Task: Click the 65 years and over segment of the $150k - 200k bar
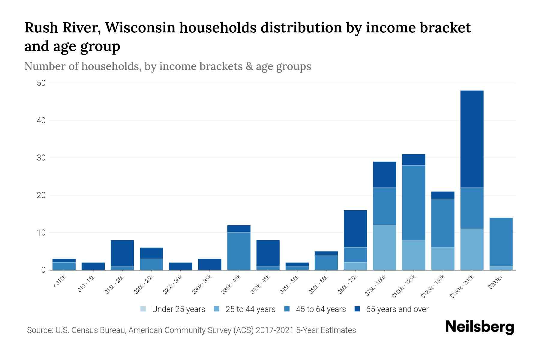[x=472, y=139]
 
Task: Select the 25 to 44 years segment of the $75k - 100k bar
[x=384, y=247]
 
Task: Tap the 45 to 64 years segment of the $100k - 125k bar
[x=413, y=202]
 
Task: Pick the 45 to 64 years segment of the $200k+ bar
[x=501, y=242]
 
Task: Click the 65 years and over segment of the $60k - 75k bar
[x=355, y=229]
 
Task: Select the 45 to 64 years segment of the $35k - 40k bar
[x=239, y=251]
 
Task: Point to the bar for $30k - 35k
[x=210, y=264]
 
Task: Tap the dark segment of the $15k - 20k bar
[x=122, y=253]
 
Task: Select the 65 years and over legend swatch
[x=358, y=309]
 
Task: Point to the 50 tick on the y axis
[x=41, y=83]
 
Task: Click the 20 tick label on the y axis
[x=41, y=195]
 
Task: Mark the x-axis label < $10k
[x=59, y=282]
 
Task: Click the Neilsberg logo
[x=479, y=327]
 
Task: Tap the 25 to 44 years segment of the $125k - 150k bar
[x=442, y=259]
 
